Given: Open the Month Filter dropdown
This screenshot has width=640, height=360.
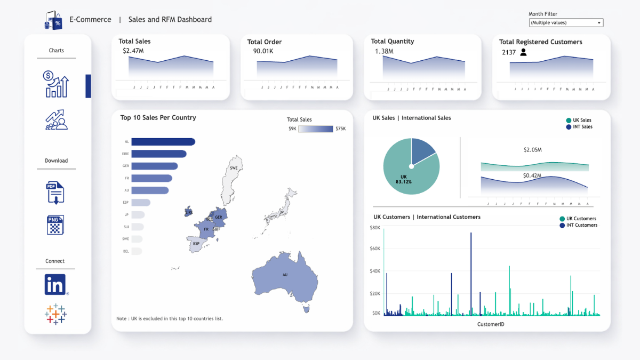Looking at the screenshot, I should tap(566, 23).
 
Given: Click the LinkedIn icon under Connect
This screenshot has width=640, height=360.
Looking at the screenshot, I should tap(55, 284).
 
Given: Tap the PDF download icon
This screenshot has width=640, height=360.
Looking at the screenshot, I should tap(55, 192).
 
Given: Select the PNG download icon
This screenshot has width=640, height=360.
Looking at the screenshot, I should tap(55, 225).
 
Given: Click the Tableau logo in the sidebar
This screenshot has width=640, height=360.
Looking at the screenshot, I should tap(55, 314).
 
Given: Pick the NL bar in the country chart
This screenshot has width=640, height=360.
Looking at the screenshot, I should tap(163, 142).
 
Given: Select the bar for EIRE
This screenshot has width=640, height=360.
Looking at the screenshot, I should tap(159, 154).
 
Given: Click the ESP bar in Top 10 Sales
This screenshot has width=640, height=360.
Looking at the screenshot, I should tap(141, 203).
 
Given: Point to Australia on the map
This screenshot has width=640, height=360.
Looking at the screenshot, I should tap(285, 275).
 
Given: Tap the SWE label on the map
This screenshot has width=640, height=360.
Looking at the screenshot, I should tap(234, 168).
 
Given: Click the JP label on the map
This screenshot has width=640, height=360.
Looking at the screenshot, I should tap(282, 212).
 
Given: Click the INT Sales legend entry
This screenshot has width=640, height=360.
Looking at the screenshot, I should tap(579, 127).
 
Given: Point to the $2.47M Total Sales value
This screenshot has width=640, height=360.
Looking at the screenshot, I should tap(133, 51).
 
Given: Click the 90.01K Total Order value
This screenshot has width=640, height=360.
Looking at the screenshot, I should tap(263, 51).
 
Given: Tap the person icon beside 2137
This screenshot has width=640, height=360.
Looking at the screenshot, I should tap(523, 52).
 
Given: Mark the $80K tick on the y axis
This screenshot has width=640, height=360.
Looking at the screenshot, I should tap(374, 228).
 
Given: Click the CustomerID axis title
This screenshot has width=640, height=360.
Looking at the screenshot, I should tap(491, 324).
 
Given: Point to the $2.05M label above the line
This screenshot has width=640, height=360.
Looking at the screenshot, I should tap(532, 150).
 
